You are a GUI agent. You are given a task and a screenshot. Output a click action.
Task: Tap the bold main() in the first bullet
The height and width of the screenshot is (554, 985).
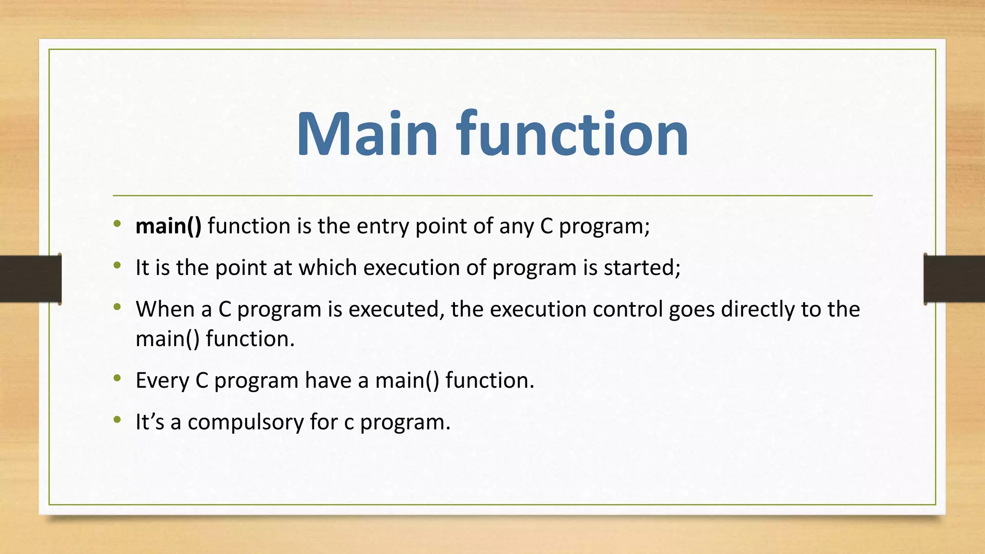(168, 226)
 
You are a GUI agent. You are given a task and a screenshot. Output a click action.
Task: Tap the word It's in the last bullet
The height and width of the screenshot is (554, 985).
(150, 422)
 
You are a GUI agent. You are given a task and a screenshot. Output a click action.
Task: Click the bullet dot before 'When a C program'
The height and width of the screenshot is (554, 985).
(117, 307)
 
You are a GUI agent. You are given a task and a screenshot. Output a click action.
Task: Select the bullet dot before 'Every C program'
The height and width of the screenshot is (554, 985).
(117, 378)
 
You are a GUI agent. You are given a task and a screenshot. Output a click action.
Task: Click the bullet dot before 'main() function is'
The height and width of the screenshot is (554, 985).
(117, 224)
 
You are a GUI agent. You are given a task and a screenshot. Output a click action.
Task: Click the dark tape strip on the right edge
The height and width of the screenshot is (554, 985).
(954, 279)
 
